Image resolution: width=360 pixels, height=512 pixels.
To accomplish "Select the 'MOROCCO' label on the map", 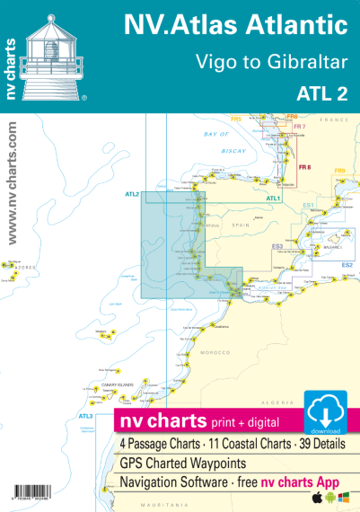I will pos(216,353).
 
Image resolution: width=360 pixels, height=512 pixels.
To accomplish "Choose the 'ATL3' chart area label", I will pos(86,416).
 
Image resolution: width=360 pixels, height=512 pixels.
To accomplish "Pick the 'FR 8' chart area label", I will pos(304,167).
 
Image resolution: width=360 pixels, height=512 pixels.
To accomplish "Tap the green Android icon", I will pos(329,497).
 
